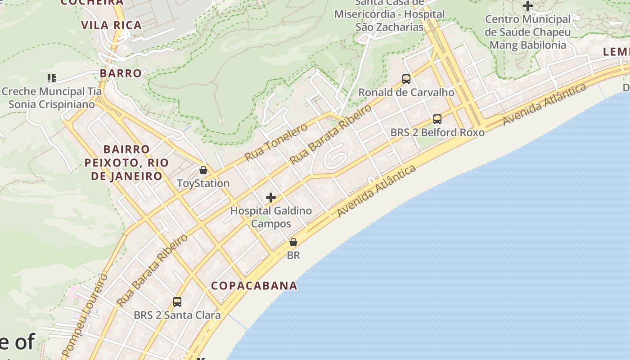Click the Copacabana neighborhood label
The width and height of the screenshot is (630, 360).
click(254, 286)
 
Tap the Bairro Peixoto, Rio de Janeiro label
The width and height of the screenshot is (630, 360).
click(126, 162)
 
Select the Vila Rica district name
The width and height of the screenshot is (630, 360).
click(112, 25)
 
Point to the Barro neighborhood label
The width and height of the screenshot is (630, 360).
click(121, 73)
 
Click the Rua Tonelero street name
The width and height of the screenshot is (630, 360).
click(276, 142)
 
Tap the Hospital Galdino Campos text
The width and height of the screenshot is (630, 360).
click(271, 217)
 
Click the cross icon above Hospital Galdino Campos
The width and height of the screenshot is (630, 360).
click(271, 198)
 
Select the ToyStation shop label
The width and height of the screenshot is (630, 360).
click(203, 183)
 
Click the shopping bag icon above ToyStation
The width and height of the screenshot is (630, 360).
click(203, 170)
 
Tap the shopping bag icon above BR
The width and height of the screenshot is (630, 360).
click(293, 242)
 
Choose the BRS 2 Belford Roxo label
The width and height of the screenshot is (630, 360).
click(437, 132)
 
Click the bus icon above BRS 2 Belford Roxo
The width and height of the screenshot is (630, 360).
click(437, 119)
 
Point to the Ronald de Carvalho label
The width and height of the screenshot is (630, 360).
click(406, 92)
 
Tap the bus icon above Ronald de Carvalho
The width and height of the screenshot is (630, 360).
click(406, 79)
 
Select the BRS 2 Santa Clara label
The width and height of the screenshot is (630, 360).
click(177, 315)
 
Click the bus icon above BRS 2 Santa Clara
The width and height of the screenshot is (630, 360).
click(177, 301)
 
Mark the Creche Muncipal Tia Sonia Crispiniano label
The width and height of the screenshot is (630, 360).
click(52, 98)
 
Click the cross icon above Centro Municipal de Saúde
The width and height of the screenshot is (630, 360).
click(528, 6)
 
